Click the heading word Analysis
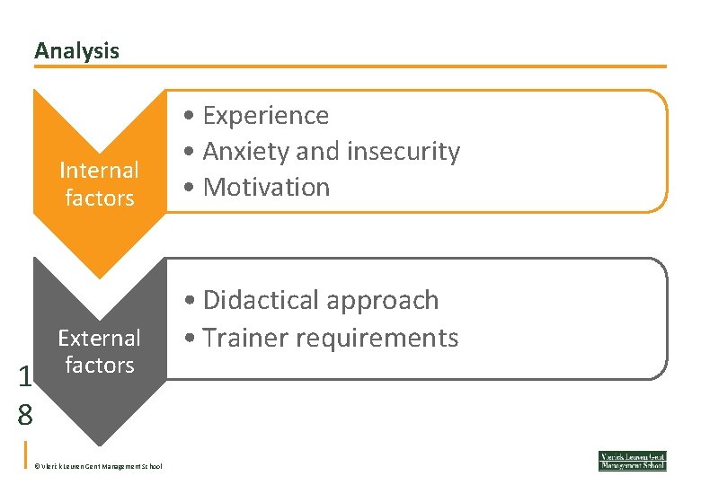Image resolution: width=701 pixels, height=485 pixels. click(x=76, y=51)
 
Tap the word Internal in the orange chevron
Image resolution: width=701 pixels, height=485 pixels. click(x=99, y=171)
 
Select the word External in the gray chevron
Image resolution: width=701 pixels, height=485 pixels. click(x=99, y=339)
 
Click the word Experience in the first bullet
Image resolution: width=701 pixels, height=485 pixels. click(x=266, y=116)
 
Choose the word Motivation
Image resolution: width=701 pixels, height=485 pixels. click(x=267, y=188)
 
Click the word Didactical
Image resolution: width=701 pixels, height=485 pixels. click(x=262, y=300)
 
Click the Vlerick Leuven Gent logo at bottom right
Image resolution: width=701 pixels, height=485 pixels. click(x=633, y=461)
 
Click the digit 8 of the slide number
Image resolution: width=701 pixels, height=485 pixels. click(x=24, y=415)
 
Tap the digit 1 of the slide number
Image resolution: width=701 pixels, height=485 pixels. click(x=24, y=377)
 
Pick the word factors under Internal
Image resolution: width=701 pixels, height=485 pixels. click(x=99, y=198)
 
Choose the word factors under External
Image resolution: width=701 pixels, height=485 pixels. click(x=99, y=365)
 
